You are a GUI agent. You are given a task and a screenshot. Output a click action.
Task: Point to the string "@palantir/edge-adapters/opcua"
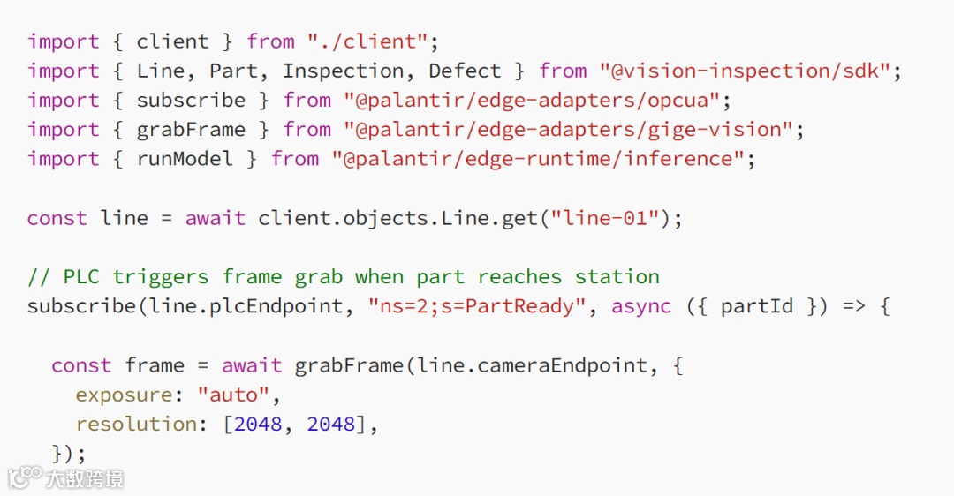(x=538, y=100)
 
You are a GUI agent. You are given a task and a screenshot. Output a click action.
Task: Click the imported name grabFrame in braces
(x=191, y=130)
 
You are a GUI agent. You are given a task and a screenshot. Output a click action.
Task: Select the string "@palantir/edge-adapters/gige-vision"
(x=568, y=130)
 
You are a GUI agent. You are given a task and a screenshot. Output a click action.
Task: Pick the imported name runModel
(x=185, y=159)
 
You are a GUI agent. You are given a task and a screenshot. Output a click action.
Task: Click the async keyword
(x=641, y=306)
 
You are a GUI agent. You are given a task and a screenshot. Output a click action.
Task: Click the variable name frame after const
(x=155, y=365)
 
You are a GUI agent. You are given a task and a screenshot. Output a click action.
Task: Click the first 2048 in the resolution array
(x=258, y=424)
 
